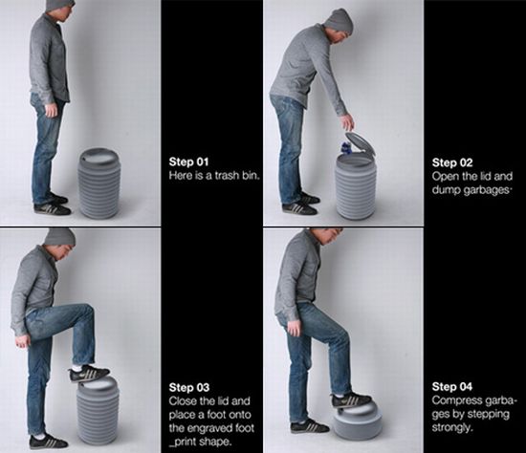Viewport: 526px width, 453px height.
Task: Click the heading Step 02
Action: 452,162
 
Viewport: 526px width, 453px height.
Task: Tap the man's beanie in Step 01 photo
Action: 60,7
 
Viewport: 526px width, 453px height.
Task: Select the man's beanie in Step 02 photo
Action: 339,20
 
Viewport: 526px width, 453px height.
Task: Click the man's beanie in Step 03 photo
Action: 59,236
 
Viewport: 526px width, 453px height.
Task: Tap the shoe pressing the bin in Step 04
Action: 350,399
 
